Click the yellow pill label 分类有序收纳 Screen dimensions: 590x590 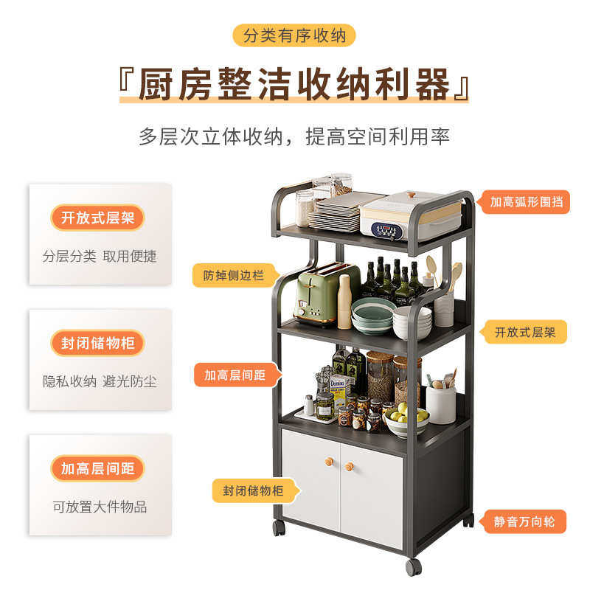tap(294, 35)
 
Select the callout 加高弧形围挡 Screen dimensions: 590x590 tap(526, 201)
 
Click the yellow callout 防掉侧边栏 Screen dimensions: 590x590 tap(232, 275)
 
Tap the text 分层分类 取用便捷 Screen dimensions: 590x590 tap(100, 256)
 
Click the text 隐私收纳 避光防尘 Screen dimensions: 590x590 tap(100, 381)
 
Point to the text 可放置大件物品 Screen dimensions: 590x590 tap(100, 507)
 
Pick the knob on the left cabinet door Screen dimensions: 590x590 tap(330, 463)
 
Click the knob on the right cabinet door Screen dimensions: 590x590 tap(350, 466)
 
